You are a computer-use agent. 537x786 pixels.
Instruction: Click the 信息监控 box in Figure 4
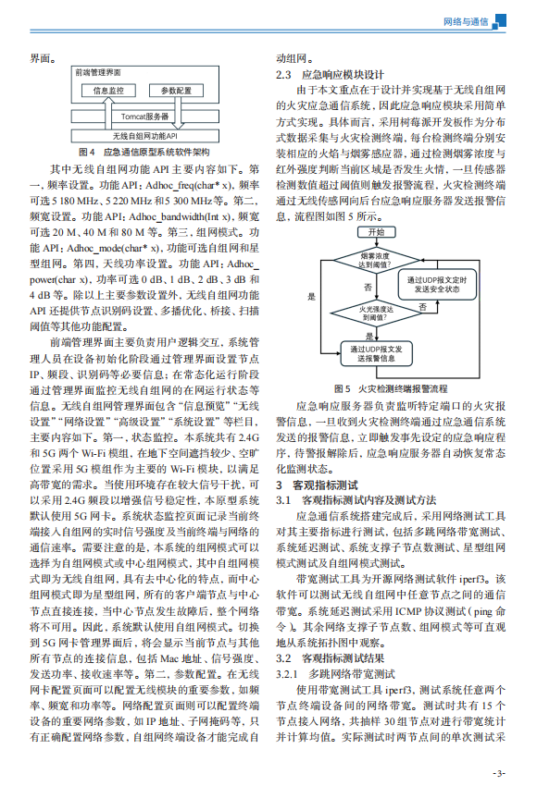(x=110, y=91)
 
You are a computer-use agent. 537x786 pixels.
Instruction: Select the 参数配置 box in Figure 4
(x=176, y=91)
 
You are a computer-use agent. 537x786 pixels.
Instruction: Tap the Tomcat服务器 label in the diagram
(x=145, y=117)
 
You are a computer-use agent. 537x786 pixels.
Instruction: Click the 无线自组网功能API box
(x=145, y=135)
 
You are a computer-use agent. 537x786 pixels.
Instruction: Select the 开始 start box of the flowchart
(x=376, y=231)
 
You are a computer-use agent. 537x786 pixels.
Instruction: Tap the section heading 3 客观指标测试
(x=318, y=485)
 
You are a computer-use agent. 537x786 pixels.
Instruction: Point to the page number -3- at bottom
(x=498, y=772)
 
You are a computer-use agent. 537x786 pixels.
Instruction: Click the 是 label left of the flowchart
(x=311, y=297)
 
